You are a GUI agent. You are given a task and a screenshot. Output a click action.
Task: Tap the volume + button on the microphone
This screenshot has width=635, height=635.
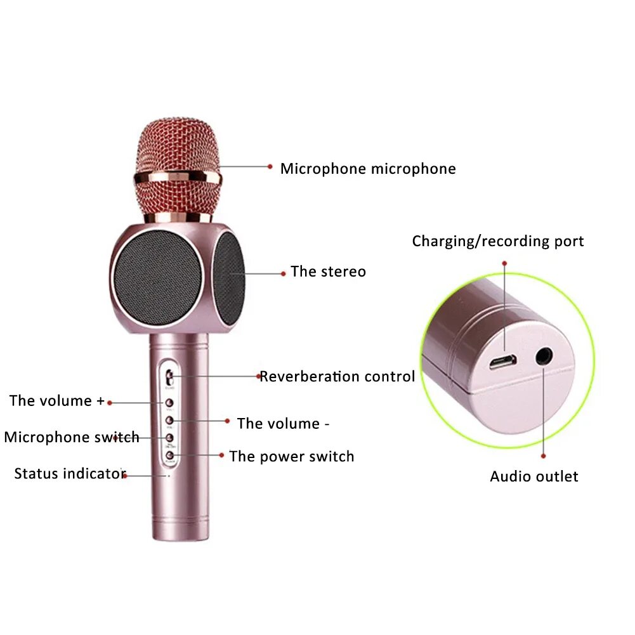170,403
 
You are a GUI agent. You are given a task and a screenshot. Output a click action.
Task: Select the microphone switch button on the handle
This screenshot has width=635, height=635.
170,438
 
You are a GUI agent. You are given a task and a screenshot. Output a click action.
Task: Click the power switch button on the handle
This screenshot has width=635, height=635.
170,454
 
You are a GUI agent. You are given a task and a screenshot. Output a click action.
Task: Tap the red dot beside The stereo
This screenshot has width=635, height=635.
283,273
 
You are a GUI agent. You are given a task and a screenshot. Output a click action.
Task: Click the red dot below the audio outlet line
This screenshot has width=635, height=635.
544,455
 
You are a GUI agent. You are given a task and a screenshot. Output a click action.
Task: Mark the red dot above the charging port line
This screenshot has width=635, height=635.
505,263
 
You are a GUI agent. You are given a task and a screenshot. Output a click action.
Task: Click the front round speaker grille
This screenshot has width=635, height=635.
157,273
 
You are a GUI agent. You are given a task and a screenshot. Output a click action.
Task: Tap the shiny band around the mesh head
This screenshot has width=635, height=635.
178,177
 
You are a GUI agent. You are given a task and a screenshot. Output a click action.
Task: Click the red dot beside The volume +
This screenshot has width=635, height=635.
110,402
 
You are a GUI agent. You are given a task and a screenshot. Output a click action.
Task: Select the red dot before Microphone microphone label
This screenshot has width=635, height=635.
270,167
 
